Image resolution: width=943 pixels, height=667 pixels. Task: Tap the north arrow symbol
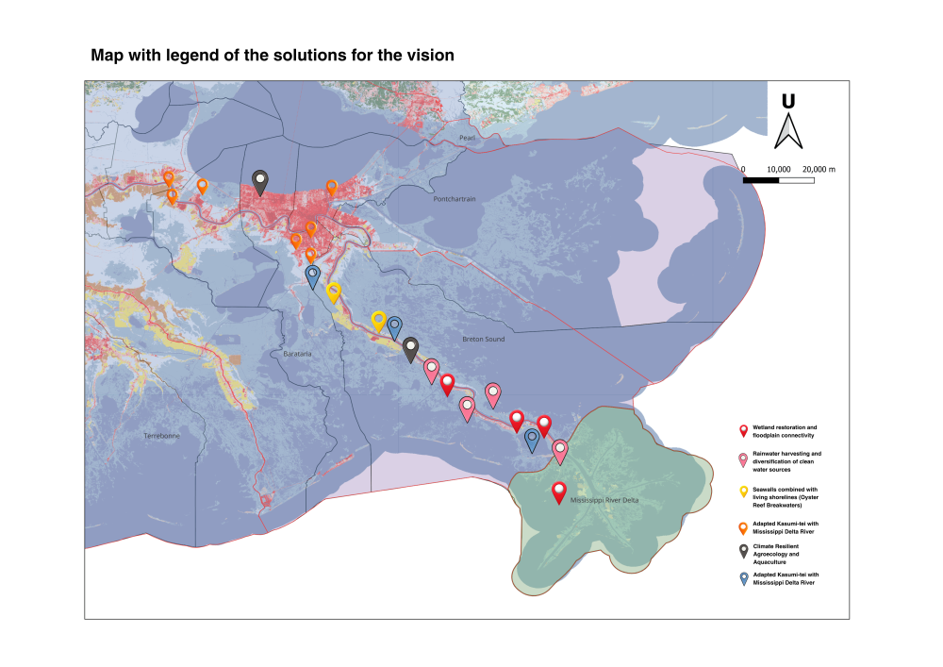point(787,132)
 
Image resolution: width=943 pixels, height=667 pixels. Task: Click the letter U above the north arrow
point(787,102)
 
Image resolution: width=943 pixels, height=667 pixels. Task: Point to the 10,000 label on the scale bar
point(779,168)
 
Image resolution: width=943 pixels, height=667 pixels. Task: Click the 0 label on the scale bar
point(744,168)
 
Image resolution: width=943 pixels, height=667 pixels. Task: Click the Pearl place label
point(467,138)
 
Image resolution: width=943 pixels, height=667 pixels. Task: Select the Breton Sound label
point(483,339)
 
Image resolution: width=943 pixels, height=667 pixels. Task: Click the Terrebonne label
point(160,436)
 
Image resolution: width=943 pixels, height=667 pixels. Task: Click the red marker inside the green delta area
point(558,492)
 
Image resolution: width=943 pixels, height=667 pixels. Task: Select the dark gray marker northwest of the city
point(260,181)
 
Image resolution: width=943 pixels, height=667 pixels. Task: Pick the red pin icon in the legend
point(743,431)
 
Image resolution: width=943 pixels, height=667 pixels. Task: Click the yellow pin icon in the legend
point(743,492)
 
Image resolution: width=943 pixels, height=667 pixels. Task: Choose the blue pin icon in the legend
point(743,578)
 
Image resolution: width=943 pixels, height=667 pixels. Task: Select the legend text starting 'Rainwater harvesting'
point(786,461)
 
